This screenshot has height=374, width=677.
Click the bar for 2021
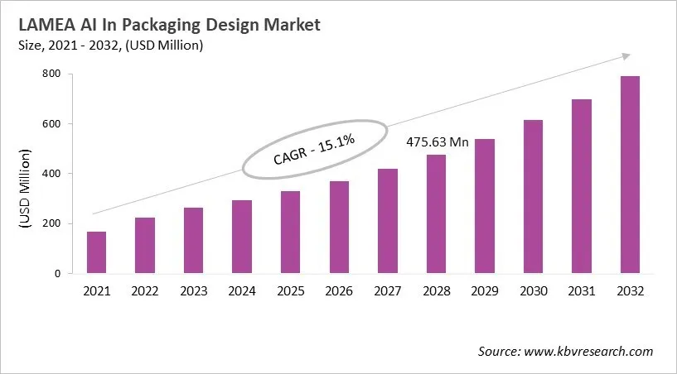[97, 252]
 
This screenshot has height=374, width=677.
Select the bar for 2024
[242, 237]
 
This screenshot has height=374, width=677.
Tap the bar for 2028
[436, 213]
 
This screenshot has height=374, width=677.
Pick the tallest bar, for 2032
[630, 175]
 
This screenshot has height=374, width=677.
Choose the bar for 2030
[533, 197]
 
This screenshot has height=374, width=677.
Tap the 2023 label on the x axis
[193, 291]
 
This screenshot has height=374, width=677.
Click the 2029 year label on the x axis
[484, 291]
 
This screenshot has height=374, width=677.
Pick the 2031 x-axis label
[581, 291]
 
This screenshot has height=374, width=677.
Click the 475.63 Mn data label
[438, 142]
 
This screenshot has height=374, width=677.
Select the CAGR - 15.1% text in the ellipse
[314, 150]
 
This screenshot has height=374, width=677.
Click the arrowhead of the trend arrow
[624, 56]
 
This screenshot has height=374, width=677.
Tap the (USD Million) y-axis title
[25, 189]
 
